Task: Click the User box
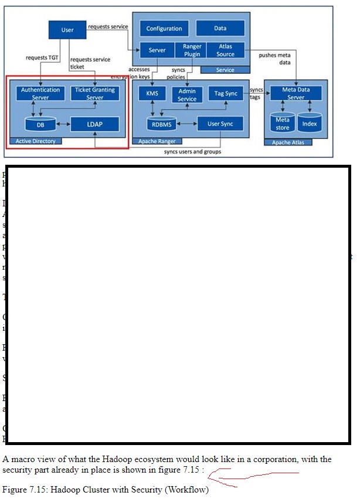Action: coord(67,29)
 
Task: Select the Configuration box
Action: coord(164,28)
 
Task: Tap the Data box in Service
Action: coord(220,28)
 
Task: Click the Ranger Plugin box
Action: coord(192,50)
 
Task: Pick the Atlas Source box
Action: coord(226,50)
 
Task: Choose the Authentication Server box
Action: coord(40,93)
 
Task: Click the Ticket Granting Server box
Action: coord(95,93)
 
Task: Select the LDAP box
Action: coord(94,124)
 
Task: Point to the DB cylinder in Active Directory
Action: coord(40,124)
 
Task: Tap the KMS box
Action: coord(152,94)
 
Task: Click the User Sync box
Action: coord(220,124)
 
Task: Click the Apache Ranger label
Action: coord(157,141)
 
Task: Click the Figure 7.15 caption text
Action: coord(106,490)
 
